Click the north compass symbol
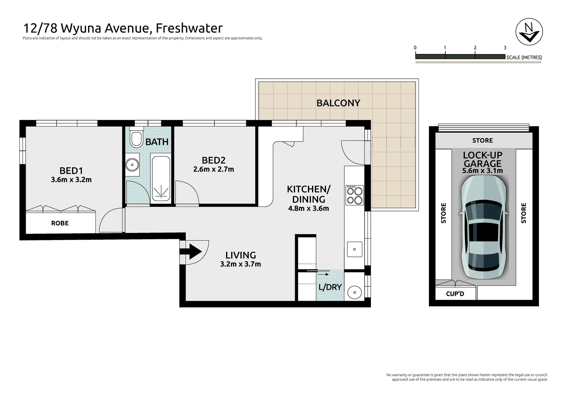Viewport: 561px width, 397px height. coord(529,32)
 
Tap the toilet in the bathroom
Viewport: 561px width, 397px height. coord(137,137)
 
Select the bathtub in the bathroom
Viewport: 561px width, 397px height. coord(160,178)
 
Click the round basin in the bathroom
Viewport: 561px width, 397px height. coord(132,165)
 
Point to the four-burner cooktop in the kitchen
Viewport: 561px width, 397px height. coord(354,195)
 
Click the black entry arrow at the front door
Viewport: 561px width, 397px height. coord(192,251)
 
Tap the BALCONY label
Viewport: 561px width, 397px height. coord(338,103)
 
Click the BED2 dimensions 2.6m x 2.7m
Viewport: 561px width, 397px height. coord(214,169)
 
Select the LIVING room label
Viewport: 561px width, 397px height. coord(241,255)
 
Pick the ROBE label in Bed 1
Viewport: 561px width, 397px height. coord(60,223)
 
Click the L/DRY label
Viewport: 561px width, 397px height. coord(330,287)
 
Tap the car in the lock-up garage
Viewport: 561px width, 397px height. coord(484,227)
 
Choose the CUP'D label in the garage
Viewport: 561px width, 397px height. coord(455,294)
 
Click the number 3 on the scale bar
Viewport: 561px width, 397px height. coord(505,48)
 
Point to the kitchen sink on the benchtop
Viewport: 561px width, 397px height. coord(355,249)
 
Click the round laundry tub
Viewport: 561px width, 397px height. coord(355,293)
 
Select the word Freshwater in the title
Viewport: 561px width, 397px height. coord(189,28)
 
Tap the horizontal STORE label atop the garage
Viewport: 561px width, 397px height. coord(482,140)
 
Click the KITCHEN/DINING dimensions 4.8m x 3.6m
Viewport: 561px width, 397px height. coord(308,208)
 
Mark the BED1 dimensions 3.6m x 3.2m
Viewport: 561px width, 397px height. coord(71,180)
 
